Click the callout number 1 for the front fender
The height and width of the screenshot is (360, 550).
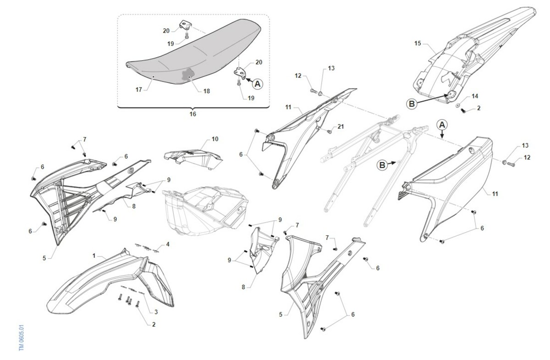coord(94,256)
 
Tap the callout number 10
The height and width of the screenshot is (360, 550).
coord(215,139)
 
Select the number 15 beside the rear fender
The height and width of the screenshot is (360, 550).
coord(418,44)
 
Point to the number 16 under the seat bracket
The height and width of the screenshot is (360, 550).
coord(193,114)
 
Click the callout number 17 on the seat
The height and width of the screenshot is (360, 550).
coord(139,90)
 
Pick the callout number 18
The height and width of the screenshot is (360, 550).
coord(207,91)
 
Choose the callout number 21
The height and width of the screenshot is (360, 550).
coord(341,126)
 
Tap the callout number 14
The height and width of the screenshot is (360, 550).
coord(475,96)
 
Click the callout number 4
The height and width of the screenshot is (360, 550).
coord(168,245)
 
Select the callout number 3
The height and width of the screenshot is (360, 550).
coord(156,312)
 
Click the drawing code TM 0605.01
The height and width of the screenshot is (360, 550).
coord(22,338)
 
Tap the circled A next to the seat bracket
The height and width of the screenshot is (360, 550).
coord(258,84)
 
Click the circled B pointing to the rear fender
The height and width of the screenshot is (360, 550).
coord(412,104)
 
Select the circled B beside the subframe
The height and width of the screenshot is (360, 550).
coord(382,165)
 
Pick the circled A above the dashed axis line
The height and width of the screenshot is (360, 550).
coord(442,125)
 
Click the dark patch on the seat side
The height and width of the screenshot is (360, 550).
coord(187,74)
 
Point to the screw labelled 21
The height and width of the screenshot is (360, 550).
coord(330,132)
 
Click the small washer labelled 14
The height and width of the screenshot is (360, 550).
coord(458,105)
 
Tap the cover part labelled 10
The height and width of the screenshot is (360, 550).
coord(193,158)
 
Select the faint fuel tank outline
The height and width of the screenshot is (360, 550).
coord(205,211)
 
